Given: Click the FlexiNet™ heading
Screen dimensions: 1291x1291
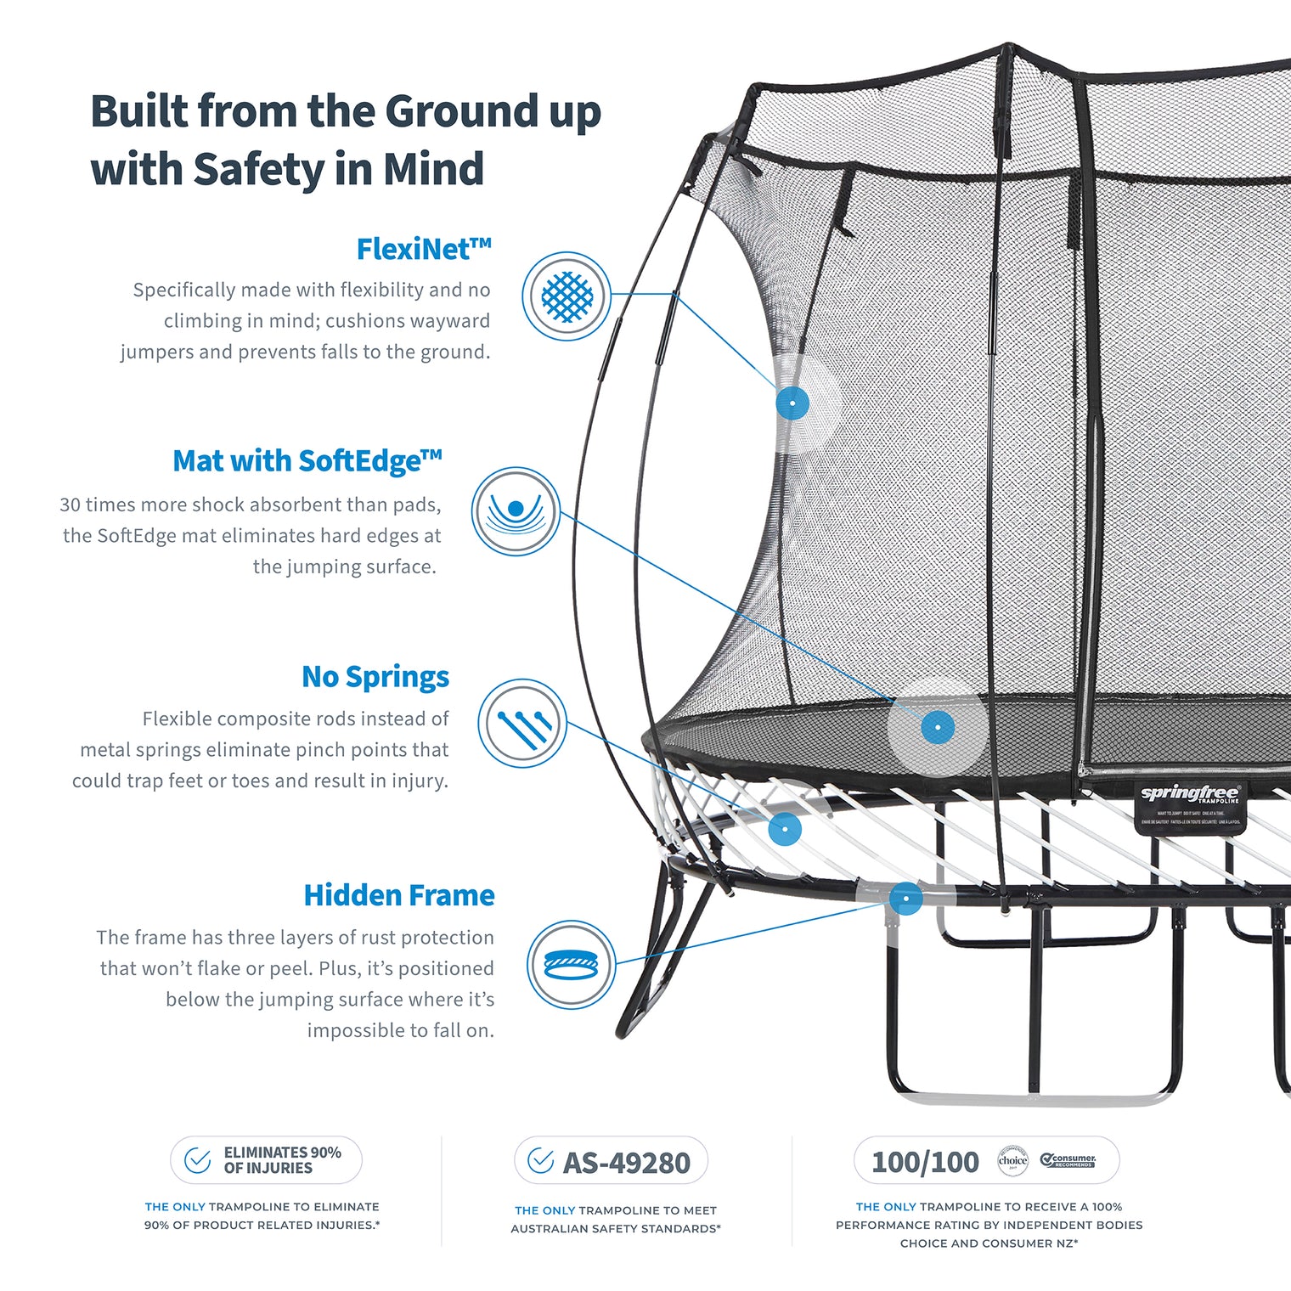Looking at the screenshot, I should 423,250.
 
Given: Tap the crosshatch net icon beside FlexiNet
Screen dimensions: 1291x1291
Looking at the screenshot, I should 566,296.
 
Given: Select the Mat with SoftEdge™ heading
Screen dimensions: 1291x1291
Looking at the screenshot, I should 307,461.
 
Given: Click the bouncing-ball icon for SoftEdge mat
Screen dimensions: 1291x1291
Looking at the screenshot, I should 516,511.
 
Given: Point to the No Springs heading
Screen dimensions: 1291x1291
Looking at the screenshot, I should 375,677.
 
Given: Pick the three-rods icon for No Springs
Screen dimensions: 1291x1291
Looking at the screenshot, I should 522,724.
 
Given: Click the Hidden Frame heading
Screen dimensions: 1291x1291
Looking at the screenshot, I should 398,895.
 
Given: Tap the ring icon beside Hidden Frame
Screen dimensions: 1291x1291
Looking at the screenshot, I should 571,965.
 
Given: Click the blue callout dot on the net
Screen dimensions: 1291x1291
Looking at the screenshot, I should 792,402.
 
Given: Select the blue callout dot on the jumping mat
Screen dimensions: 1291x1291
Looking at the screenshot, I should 938,727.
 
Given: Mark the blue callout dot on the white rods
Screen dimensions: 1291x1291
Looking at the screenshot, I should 785,828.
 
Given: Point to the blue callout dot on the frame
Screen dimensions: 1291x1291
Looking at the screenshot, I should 906,898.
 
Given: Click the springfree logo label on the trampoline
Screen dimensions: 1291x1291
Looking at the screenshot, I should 1189,795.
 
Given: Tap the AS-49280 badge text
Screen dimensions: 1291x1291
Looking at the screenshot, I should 626,1163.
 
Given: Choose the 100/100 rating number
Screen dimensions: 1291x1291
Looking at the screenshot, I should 925,1162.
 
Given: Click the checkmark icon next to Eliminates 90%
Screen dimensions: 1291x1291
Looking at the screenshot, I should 198,1160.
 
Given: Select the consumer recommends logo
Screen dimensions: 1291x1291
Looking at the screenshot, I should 1068,1160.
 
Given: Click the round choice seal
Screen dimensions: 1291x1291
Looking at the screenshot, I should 1012,1160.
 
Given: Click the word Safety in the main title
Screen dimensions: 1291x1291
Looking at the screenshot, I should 259,169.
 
